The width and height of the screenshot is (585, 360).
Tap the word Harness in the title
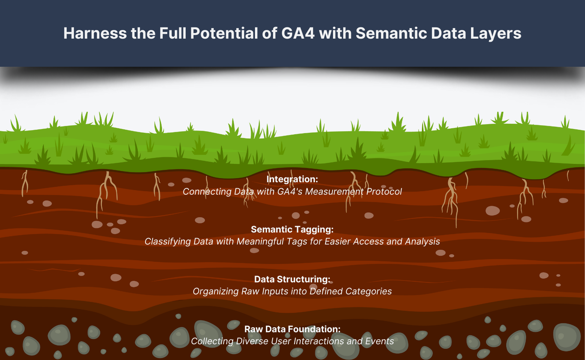pos(95,33)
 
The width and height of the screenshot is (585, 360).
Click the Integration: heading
pos(292,179)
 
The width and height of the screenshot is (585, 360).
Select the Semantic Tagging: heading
pos(292,229)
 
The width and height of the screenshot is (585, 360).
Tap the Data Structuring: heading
pos(292,279)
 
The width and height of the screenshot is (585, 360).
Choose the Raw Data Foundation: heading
pos(292,329)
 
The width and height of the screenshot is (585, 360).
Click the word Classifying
pos(168,241)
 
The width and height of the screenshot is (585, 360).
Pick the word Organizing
pos(216,291)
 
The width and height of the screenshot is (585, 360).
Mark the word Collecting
pos(212,341)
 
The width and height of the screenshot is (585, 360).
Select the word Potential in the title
pos(224,33)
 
